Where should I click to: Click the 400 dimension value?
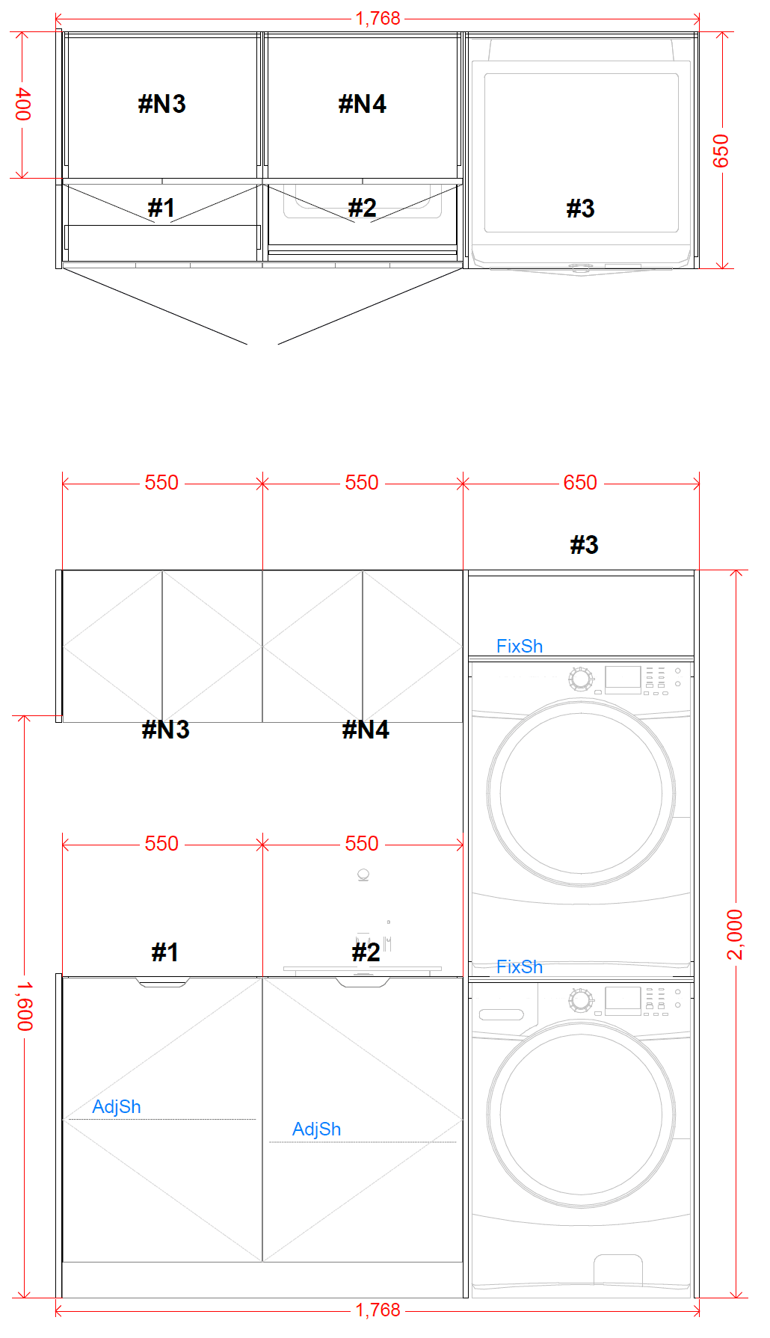point(23,104)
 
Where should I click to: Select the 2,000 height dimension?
point(736,934)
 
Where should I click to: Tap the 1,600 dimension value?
point(25,1006)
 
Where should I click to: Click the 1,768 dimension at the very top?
point(378,18)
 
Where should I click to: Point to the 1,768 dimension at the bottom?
point(378,1310)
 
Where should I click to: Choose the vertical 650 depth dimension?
point(721,151)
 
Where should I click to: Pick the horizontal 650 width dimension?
point(580,482)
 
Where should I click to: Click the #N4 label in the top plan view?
point(363,104)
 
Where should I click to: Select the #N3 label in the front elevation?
point(165,729)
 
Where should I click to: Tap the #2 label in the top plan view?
point(363,207)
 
